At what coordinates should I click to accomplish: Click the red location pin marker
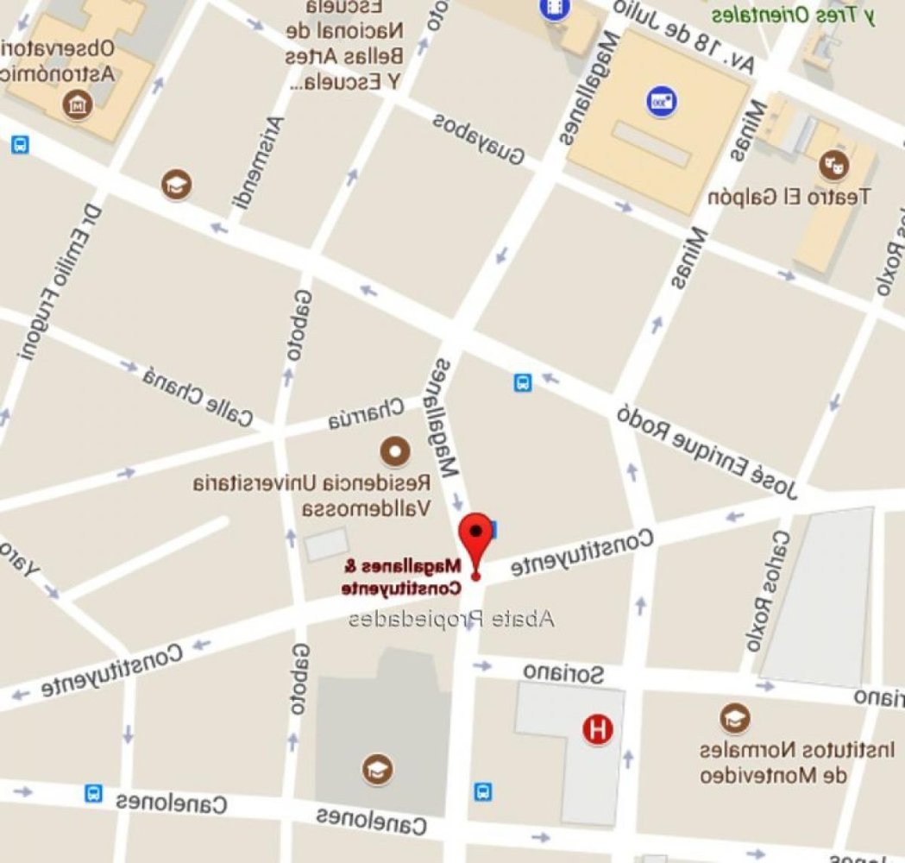pyautogui.click(x=475, y=535)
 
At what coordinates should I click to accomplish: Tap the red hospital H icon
pyautogui.click(x=598, y=729)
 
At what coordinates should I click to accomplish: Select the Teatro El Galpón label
pyautogui.click(x=789, y=197)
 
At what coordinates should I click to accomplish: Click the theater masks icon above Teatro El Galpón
pyautogui.click(x=833, y=162)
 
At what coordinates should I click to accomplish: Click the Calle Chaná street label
pyautogui.click(x=198, y=396)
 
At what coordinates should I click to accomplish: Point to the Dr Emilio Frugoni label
pyautogui.click(x=57, y=281)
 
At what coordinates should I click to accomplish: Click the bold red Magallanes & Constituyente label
pyautogui.click(x=402, y=577)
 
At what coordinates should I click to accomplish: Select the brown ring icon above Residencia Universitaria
pyautogui.click(x=395, y=450)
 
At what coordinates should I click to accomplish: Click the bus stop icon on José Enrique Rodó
pyautogui.click(x=523, y=381)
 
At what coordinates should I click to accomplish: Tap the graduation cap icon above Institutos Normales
pyautogui.click(x=734, y=718)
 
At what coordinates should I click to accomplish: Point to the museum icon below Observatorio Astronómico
pyautogui.click(x=79, y=106)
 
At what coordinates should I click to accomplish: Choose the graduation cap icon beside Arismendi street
pyautogui.click(x=178, y=184)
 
